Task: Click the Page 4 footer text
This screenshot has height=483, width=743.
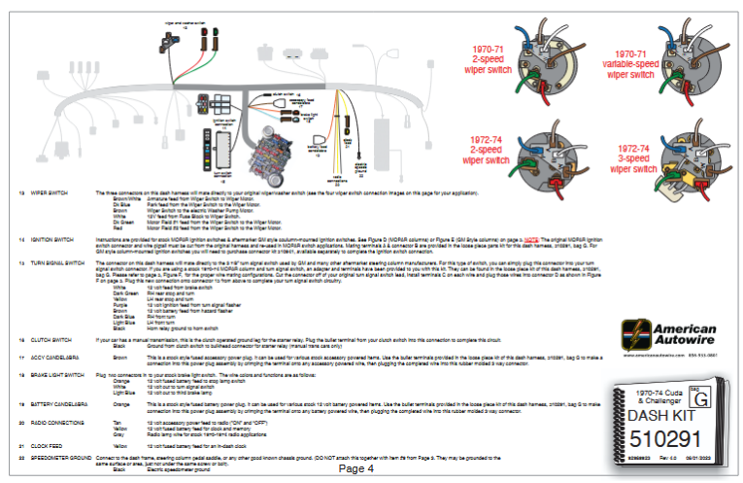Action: click(356, 468)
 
